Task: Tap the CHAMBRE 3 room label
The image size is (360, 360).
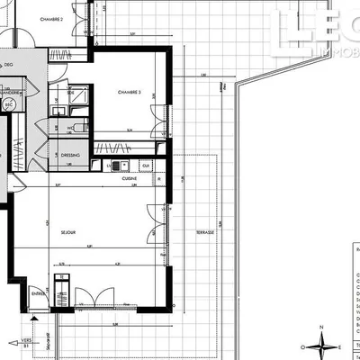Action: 130,93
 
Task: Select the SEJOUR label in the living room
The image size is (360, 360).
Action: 67,232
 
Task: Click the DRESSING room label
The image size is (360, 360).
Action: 71,156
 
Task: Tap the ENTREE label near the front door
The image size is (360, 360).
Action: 39,292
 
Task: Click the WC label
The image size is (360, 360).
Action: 70,128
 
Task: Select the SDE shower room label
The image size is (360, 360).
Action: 70,93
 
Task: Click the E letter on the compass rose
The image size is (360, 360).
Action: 343,346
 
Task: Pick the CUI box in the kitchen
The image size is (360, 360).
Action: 144,166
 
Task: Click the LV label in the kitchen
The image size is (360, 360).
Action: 109,166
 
